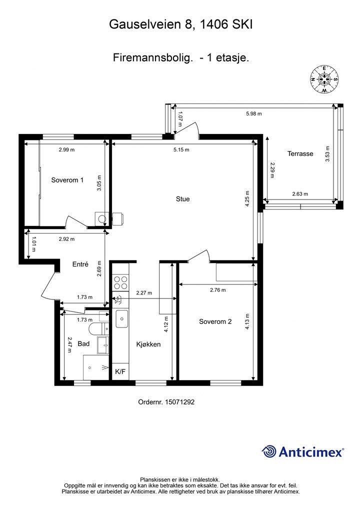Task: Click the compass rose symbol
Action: (324, 79)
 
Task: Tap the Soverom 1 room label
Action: (67, 180)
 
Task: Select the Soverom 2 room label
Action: (215, 321)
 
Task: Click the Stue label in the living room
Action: (183, 199)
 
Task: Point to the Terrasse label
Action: (300, 153)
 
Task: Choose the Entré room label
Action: (80, 264)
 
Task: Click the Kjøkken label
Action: (148, 344)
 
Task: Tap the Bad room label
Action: (83, 343)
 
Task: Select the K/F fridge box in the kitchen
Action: (120, 371)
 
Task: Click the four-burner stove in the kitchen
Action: (120, 282)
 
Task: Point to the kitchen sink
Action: (122, 318)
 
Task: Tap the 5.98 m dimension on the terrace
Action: (254, 114)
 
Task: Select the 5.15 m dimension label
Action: (181, 150)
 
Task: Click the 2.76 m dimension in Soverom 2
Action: (218, 290)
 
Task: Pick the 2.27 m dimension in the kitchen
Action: (144, 293)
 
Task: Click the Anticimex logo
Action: (302, 451)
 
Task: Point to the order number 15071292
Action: (166, 402)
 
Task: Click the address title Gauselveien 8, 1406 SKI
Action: (181, 24)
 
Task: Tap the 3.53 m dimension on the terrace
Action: (327, 154)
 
